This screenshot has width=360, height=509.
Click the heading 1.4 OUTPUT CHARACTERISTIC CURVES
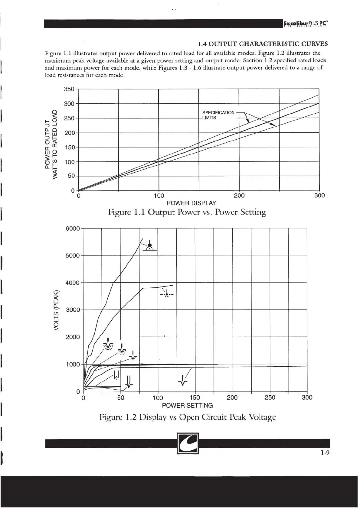[x=262, y=44]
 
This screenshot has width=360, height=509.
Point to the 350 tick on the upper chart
[x=69, y=89]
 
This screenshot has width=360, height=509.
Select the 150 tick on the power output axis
[x=69, y=147]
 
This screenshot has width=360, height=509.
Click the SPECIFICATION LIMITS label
[x=218, y=115]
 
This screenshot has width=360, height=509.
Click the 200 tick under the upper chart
[x=239, y=196]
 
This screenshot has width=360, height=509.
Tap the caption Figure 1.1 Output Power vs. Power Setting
[x=187, y=212]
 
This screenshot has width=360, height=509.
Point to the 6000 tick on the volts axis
[x=73, y=229]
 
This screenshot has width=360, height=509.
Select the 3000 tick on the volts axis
[x=73, y=310]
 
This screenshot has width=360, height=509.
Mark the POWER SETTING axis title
[x=187, y=405]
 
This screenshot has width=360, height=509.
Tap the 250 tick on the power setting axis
[x=270, y=397]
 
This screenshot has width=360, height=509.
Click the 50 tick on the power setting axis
[x=121, y=397]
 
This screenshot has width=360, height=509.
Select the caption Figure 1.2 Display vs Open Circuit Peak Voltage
[x=188, y=417]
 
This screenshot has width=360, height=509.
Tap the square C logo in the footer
[x=188, y=443]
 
